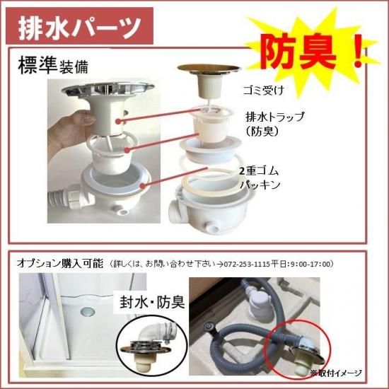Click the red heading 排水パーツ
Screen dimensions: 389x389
tap(80, 27)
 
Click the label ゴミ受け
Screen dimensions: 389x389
tap(264, 90)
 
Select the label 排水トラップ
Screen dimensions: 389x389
tap(274, 117)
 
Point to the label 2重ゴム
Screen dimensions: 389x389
tap(259, 171)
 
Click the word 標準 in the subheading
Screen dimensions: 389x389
tap(37, 65)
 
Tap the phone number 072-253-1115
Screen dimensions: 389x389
tap(246, 264)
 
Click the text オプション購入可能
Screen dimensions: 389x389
tap(60, 263)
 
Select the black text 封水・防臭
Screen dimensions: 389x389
tap(152, 302)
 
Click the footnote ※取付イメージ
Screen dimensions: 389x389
tap(336, 373)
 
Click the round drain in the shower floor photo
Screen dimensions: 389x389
tap(88, 311)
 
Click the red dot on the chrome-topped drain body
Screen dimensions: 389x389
tap(119, 121)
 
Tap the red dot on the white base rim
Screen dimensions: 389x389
tap(142, 185)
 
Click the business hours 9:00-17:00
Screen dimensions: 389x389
tap(312, 264)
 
